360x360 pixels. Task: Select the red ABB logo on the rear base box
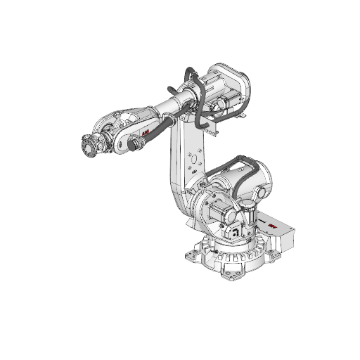point(271,226)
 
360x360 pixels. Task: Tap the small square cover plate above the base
point(236,233)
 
